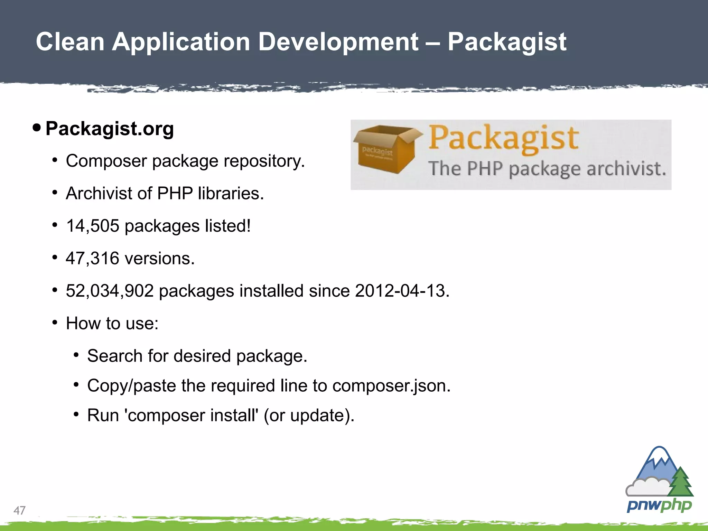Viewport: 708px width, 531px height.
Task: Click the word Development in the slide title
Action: point(338,42)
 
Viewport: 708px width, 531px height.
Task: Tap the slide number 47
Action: point(19,510)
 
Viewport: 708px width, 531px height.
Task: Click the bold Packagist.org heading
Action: point(110,129)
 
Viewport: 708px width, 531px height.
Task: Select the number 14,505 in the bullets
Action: point(93,226)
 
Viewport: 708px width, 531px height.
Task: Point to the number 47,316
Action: point(93,259)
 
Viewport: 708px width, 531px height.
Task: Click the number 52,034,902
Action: point(110,291)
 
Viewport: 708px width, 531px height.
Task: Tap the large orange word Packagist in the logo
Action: point(503,138)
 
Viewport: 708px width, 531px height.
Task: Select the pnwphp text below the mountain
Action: point(659,506)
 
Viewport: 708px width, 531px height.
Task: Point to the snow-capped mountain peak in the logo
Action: point(659,456)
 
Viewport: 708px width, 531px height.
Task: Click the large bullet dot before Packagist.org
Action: point(37,128)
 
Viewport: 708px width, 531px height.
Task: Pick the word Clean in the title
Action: point(70,42)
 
